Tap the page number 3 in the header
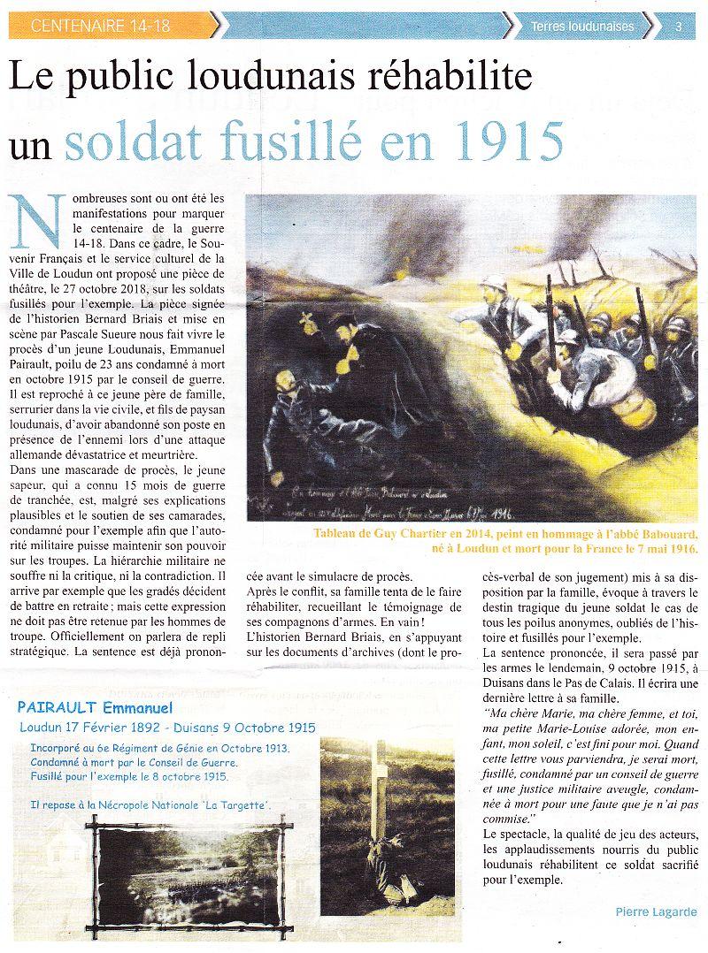click(678, 27)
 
